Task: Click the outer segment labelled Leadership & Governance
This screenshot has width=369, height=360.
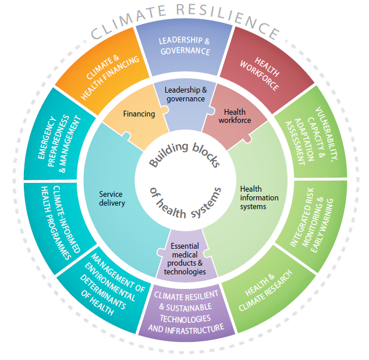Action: pyautogui.click(x=184, y=47)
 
